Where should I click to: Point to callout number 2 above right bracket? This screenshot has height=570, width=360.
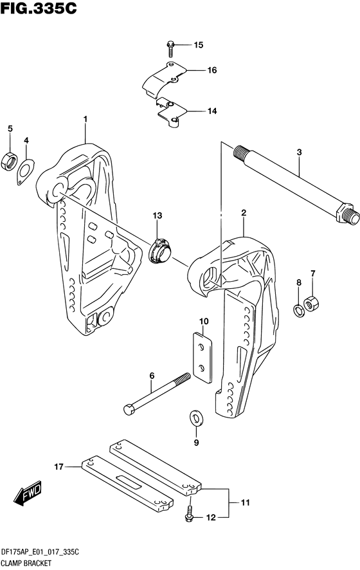pyautogui.click(x=244, y=212)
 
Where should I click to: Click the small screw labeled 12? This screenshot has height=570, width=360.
pyautogui.click(x=190, y=513)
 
